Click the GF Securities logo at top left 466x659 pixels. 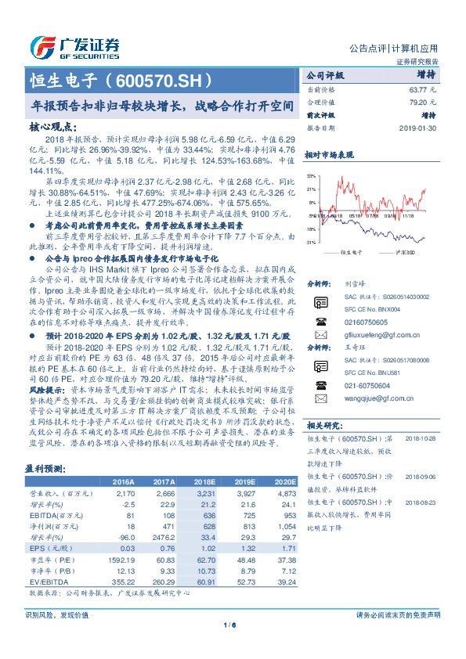[74, 45]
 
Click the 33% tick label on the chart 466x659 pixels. [311, 176]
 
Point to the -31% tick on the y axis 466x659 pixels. [311, 243]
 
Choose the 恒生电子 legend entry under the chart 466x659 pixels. [352, 252]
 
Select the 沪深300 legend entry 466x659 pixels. [405, 252]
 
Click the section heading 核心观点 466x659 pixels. [52, 125]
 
